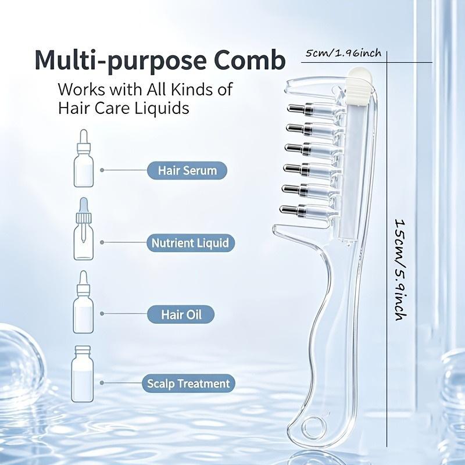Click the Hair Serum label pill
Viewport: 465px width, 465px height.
point(187,170)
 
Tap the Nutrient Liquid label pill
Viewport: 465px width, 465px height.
point(191,243)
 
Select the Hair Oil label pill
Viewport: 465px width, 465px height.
point(181,314)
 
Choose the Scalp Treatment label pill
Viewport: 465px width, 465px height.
point(188,384)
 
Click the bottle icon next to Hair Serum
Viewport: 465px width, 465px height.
point(84,158)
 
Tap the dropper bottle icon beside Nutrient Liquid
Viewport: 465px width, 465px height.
point(84,229)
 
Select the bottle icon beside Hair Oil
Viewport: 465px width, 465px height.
point(83,302)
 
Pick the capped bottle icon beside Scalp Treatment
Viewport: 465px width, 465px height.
point(82,374)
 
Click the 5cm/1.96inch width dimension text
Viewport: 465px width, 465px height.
point(344,53)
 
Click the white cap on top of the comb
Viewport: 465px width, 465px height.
point(359,86)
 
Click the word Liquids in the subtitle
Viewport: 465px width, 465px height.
point(162,108)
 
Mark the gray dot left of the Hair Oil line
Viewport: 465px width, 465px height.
point(102,313)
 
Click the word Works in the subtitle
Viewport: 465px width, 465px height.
point(81,89)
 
